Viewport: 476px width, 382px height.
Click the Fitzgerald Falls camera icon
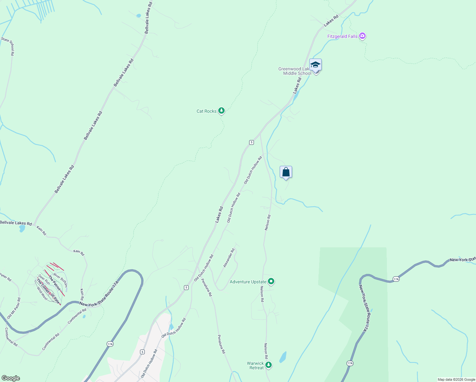coord(362,36)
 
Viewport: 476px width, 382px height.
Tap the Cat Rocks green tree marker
coord(221,111)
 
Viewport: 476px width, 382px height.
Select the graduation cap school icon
coord(315,65)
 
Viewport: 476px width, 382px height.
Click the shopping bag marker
coord(286,172)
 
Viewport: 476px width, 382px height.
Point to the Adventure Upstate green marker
coord(271,281)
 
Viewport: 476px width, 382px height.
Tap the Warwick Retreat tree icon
coord(269,365)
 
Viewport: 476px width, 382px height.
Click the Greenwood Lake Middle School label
coord(295,71)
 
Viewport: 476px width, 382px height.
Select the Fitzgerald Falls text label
coord(342,36)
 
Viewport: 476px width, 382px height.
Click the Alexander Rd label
coord(229,258)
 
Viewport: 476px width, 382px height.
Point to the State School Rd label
coord(8,46)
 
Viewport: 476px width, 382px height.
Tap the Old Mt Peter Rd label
coord(14,308)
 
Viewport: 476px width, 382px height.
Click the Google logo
coord(10,378)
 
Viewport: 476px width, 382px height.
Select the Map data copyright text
coord(456,379)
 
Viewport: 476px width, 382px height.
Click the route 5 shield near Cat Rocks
coord(251,142)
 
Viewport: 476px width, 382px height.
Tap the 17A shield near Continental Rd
coord(110,344)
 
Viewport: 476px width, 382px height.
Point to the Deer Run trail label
coord(44,279)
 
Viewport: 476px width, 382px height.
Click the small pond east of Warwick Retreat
coord(283,357)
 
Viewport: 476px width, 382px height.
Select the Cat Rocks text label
coord(206,111)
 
